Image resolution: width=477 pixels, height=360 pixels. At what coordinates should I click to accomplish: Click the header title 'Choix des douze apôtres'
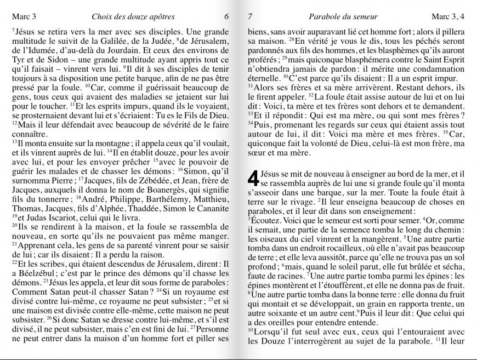(133, 17)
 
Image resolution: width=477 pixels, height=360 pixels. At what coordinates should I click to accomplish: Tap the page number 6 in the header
(226, 17)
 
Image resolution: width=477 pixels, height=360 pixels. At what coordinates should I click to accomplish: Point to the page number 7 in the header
(251, 17)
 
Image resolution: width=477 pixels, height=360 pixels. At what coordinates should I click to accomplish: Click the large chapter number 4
(253, 178)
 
